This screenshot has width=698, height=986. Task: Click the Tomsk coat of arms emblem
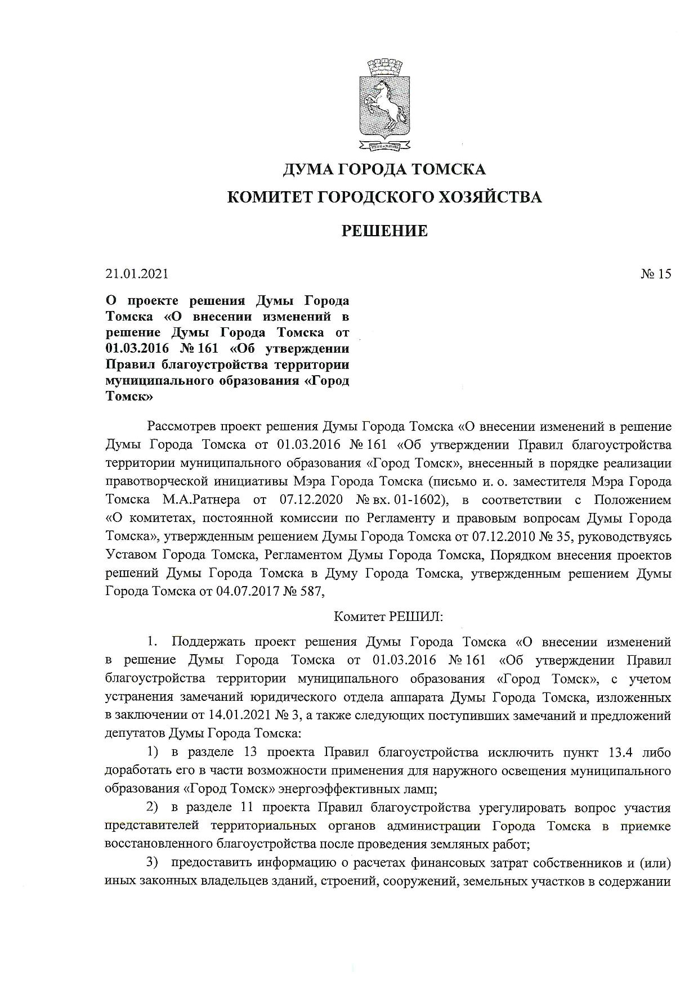click(x=383, y=105)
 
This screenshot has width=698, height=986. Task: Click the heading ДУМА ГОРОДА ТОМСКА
click(x=383, y=169)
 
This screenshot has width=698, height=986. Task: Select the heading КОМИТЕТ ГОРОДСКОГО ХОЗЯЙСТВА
click(x=383, y=197)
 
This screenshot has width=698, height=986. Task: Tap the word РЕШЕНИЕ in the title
click(x=385, y=231)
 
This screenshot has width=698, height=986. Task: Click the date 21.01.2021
click(x=137, y=274)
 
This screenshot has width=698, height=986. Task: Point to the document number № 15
click(x=656, y=274)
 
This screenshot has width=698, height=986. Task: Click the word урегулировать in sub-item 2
click(x=521, y=808)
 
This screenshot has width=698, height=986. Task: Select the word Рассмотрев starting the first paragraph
click(x=181, y=426)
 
